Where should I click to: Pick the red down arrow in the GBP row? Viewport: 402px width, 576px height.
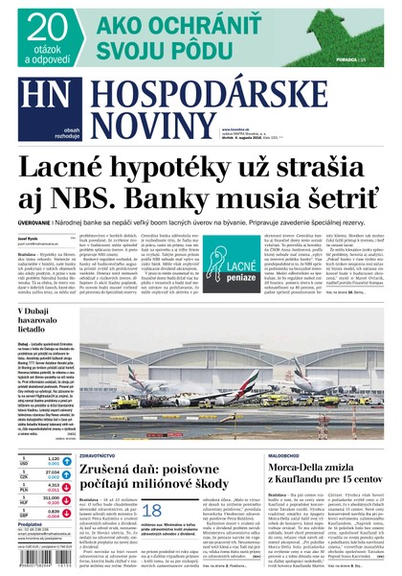[x=67, y=512]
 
